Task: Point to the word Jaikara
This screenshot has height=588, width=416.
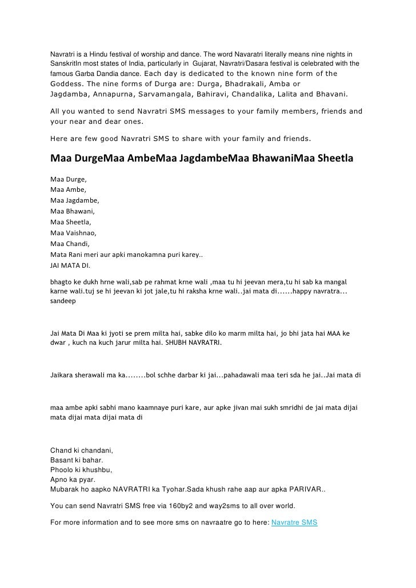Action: (64, 376)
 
